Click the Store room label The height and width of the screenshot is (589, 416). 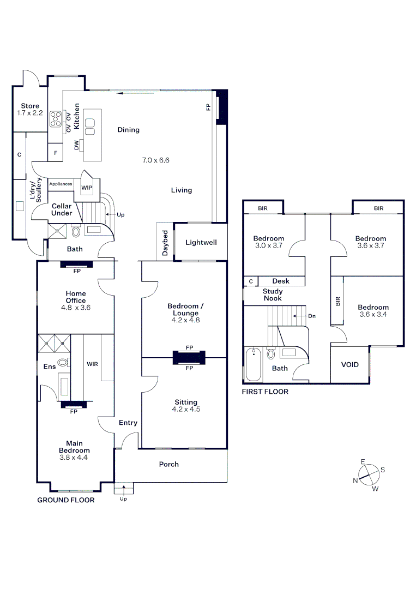point(30,106)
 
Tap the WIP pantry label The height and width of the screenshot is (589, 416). point(87,187)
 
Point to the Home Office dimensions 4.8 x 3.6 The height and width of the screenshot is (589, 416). point(75,308)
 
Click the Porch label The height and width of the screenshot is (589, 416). point(168,464)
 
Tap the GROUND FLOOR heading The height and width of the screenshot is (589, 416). point(65,500)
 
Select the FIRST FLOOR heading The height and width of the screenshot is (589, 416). point(266,392)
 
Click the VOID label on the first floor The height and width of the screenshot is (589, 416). point(349,364)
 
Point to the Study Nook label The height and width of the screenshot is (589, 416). point(273,294)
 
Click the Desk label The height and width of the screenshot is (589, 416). point(281,281)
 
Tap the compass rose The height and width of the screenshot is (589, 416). point(369,474)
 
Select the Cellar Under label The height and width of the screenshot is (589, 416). point(62,209)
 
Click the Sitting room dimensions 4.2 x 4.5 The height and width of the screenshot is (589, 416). point(186,409)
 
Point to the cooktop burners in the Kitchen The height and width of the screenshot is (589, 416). point(56,119)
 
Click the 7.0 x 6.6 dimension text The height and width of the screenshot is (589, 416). point(156,160)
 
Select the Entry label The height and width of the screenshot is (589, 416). point(128,423)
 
